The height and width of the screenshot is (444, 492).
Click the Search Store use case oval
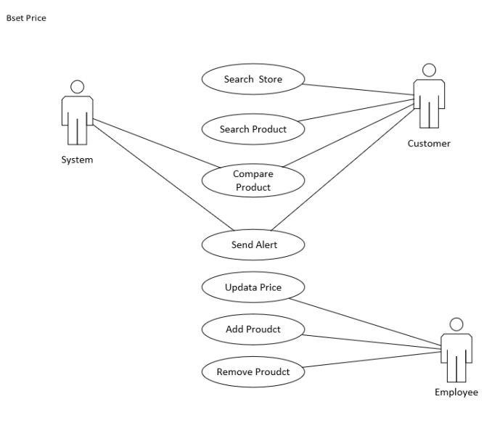[x=253, y=80]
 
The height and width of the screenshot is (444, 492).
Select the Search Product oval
[x=253, y=129]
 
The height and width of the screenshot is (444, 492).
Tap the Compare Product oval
[x=253, y=180]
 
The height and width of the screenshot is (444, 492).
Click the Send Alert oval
[x=253, y=244]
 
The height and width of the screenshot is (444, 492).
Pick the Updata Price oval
[x=253, y=287]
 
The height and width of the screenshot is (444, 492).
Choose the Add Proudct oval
[x=253, y=329]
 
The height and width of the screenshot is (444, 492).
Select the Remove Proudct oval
[x=253, y=371]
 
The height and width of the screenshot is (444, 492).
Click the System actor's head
[x=77, y=88]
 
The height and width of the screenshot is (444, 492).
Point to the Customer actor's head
[x=429, y=70]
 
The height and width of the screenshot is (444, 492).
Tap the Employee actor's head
[x=456, y=324]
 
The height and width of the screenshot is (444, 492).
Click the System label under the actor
[x=77, y=160]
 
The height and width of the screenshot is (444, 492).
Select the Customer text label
[x=428, y=143]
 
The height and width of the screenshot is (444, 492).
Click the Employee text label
[x=456, y=392]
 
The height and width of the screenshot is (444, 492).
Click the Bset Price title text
[x=25, y=18]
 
